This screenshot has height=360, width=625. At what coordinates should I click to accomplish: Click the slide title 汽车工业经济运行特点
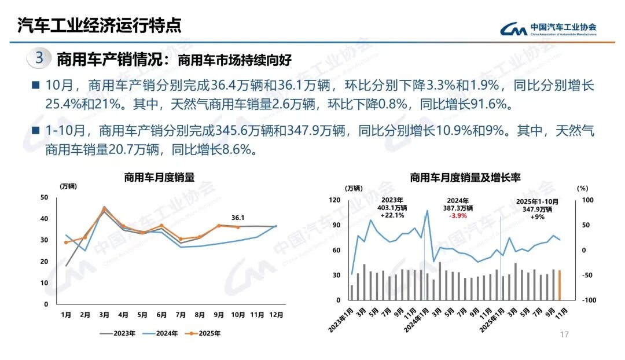99,25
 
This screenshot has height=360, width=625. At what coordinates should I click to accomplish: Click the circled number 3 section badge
39,58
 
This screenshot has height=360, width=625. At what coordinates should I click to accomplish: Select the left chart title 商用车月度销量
159,178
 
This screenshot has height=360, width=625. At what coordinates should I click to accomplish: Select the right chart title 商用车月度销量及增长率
465,178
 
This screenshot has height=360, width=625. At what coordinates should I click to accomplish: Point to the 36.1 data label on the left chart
238,218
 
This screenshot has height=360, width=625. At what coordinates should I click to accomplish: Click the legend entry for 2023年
119,333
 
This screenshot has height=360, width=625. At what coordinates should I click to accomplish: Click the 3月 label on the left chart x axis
104,315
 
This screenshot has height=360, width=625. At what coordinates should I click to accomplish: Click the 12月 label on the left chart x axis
276,315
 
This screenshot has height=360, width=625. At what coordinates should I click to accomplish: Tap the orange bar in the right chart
560,285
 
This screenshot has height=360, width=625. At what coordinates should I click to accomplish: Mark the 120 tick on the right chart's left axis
334,200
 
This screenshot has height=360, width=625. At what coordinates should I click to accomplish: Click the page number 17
565,335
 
